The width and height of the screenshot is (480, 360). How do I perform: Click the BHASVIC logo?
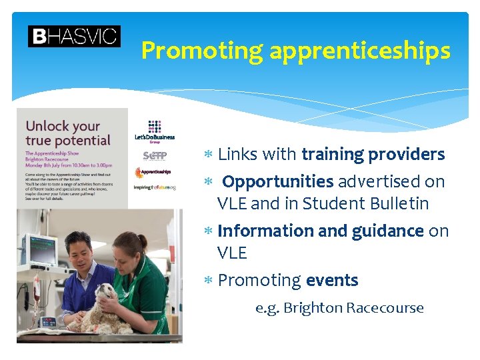[74, 36]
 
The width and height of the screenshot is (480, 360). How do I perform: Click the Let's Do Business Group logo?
[155, 131]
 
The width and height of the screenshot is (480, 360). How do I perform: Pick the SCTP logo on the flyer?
[155, 156]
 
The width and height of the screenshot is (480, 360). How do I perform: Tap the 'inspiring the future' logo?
[155, 187]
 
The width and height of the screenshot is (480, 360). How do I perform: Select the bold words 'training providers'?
[373, 155]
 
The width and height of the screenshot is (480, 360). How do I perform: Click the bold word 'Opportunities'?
[278, 181]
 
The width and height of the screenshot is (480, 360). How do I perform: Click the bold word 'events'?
[332, 281]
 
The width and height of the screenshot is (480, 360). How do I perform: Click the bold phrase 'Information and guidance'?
[321, 231]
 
